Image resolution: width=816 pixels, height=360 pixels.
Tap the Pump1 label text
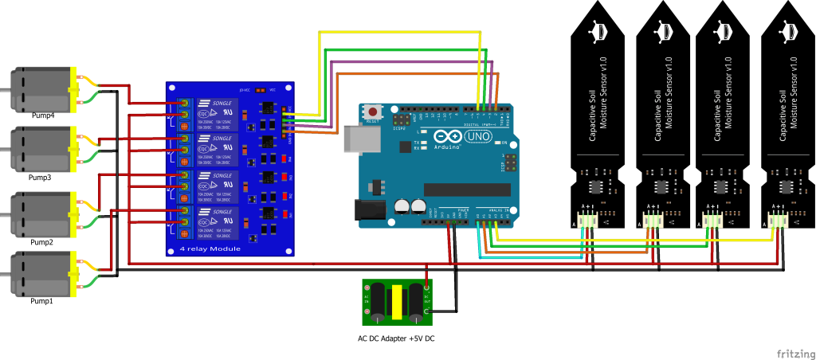[41, 302]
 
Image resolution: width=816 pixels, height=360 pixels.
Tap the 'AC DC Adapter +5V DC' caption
[396, 338]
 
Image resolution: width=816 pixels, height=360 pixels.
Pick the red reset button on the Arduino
[371, 113]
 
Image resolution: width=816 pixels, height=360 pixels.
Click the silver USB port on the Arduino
[355, 139]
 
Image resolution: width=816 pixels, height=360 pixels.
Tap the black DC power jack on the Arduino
[367, 209]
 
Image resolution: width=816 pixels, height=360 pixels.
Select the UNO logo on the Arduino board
[481, 137]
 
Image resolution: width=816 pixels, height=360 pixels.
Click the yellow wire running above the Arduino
[398, 32]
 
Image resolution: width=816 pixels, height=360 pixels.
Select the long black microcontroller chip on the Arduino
[466, 189]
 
